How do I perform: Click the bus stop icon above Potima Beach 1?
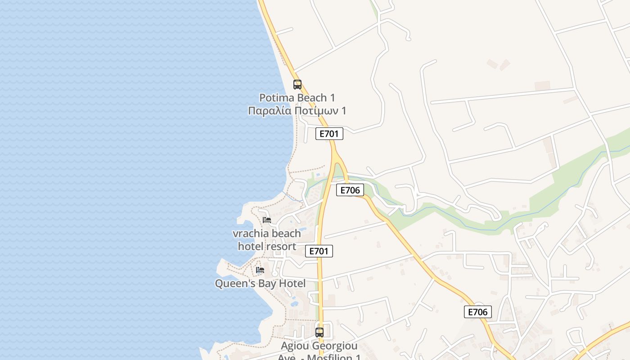297,84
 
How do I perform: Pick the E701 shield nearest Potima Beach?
329,134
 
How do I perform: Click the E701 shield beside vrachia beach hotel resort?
319,251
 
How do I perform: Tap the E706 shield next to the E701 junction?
350,190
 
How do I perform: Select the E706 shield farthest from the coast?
477,312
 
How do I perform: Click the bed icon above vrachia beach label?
267,220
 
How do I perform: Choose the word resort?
281,247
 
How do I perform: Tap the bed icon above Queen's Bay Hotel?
260,270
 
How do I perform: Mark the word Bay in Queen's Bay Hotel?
265,283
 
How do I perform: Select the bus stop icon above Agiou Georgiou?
319,333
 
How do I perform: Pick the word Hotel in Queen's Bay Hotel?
292,283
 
